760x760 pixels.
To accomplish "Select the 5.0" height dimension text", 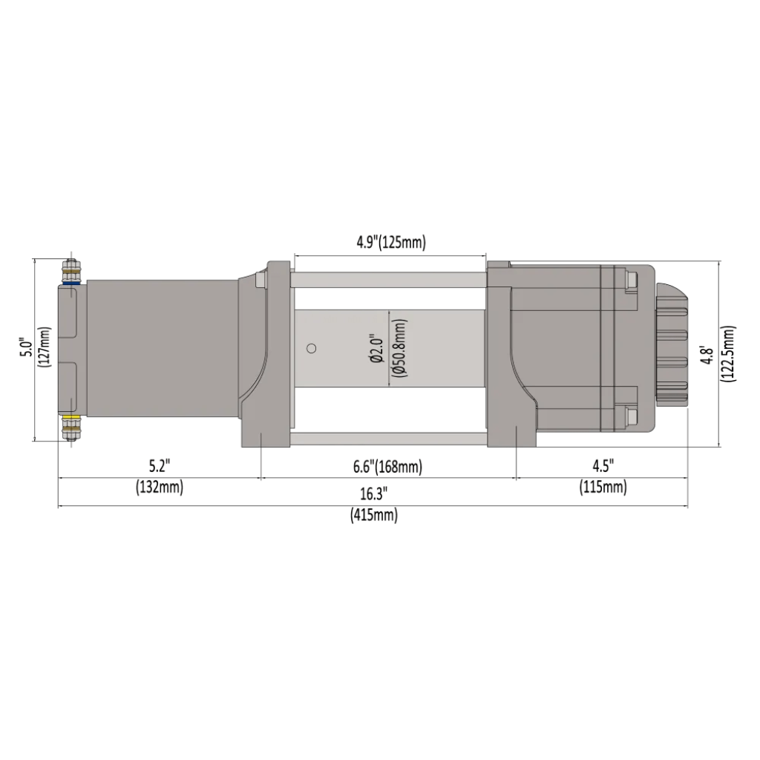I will (26, 348).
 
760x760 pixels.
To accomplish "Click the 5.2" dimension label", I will (158, 466).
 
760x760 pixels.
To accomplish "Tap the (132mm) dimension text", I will (159, 488).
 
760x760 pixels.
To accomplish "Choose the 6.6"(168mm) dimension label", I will (389, 466).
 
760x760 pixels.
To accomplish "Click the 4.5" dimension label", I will (602, 466).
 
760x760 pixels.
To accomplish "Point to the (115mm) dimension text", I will (602, 488).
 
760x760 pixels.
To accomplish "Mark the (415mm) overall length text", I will (373, 516).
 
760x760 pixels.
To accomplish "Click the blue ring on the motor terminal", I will (72, 282).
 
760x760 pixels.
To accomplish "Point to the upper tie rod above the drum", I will (388, 280).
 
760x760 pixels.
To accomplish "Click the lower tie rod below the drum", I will (388, 439).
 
